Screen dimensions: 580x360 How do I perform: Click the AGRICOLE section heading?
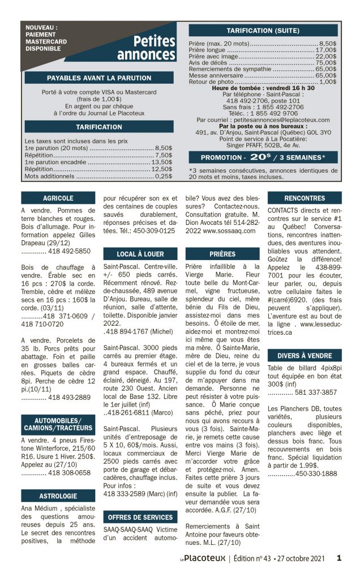[58, 198]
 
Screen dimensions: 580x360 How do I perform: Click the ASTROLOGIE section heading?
[58, 496]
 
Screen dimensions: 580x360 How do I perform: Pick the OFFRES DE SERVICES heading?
[140, 517]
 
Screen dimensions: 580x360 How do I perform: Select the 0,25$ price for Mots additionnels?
[164, 176]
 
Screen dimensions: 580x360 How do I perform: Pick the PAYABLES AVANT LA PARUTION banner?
[99, 78]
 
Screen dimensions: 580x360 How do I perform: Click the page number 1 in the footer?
[339, 558]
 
